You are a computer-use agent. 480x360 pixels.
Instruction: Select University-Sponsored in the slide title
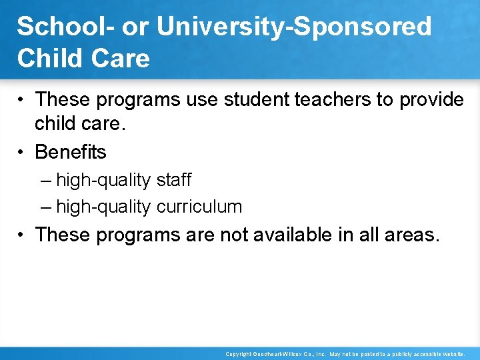[293, 27]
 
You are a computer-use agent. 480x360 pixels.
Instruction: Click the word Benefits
[71, 152]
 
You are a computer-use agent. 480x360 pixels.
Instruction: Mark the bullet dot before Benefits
[23, 153]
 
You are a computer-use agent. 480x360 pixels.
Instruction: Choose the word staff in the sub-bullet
[175, 180]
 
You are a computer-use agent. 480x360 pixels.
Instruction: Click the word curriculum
[199, 207]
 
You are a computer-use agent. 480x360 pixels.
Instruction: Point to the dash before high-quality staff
[45, 181]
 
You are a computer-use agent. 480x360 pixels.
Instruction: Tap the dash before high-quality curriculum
[45, 207]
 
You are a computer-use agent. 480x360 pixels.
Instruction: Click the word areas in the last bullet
[410, 235]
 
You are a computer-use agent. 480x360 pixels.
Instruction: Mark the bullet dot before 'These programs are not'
[23, 235]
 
